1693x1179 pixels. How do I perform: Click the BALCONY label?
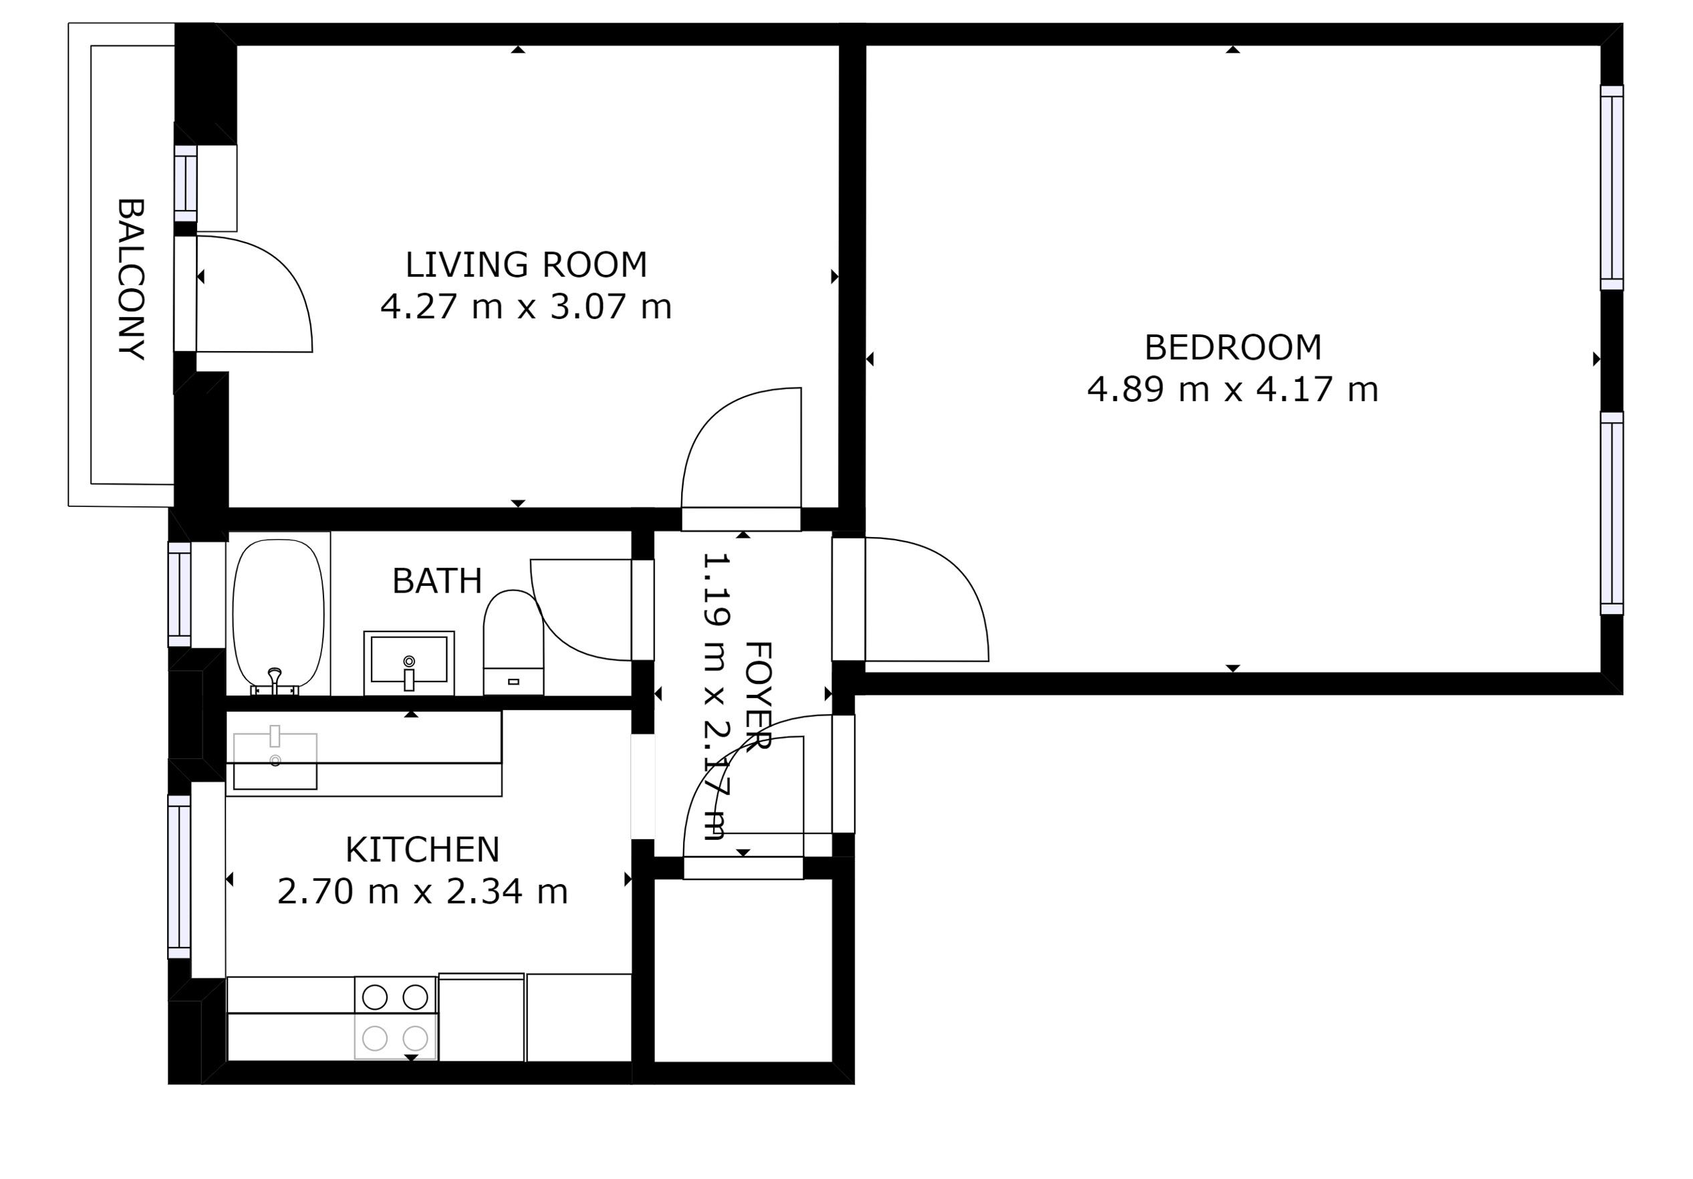(131, 279)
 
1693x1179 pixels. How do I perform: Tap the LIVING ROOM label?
(526, 264)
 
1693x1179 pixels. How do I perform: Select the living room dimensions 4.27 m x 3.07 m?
(526, 306)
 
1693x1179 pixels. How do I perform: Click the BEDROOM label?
(1233, 348)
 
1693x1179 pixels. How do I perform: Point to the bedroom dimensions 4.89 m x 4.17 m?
(1233, 389)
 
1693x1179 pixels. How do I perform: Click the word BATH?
(437, 580)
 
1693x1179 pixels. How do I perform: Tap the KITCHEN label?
(422, 849)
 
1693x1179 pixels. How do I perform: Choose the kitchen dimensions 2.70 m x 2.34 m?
(422, 891)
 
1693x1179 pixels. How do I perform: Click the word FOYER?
(758, 695)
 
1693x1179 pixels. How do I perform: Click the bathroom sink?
(409, 662)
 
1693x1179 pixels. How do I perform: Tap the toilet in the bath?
(513, 642)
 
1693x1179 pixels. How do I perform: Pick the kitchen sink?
(275, 760)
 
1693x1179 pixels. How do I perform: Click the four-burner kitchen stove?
(396, 1018)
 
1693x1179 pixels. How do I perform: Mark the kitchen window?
(179, 877)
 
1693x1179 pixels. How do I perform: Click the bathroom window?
(179, 594)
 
